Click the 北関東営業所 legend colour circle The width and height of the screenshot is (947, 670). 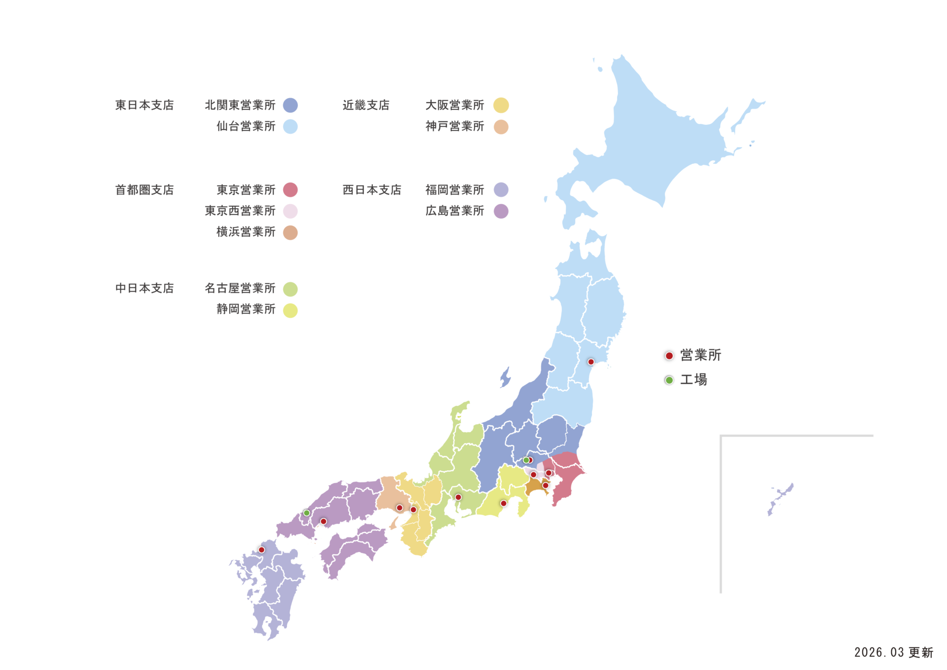(291, 105)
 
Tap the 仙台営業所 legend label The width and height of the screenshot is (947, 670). (246, 126)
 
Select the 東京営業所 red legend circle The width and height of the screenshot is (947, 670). (291, 189)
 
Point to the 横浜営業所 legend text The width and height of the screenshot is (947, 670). (246, 232)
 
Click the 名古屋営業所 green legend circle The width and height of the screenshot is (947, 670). (291, 289)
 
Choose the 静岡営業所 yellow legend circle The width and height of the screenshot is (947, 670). (291, 310)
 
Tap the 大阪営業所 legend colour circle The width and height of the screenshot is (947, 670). (501, 105)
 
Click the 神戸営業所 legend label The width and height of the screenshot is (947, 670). (455, 126)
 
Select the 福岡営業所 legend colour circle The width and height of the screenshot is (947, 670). (501, 189)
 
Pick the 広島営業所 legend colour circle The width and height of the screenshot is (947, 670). (501, 211)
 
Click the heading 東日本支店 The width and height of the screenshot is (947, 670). (145, 105)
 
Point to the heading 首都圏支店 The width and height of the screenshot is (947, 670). (145, 190)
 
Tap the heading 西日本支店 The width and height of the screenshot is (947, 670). (372, 190)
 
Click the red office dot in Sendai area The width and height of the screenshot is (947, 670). (591, 362)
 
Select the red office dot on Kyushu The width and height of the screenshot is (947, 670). (261, 550)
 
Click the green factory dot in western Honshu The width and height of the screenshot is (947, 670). (306, 513)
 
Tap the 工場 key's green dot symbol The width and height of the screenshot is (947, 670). (669, 380)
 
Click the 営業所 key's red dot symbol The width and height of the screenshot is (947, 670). (669, 356)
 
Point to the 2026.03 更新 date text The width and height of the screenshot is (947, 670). (894, 652)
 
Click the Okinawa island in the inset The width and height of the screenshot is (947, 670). (780, 498)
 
